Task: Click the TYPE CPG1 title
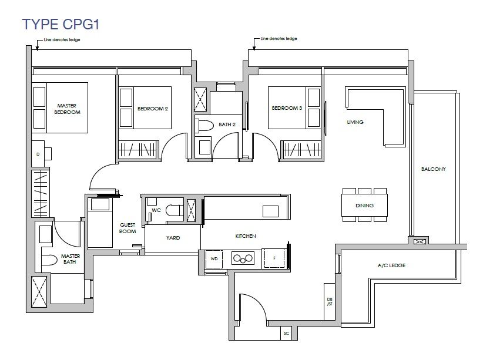pos(61,24)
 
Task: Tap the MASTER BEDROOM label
pos(67,109)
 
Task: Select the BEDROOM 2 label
pos(153,109)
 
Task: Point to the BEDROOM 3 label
pos(287,108)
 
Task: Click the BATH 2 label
pos(227,125)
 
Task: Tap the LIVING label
pos(355,122)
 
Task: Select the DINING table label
pos(364,206)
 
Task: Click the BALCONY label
pos(434,169)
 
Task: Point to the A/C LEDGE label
pos(391,265)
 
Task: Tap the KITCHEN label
pos(246,236)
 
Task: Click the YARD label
pos(173,238)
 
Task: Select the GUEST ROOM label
pos(128,228)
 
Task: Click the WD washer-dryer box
pos(214,259)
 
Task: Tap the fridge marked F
pos(274,258)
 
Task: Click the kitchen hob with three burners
pos(243,258)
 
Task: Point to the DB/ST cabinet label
pos(330,302)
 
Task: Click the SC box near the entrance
pos(286,333)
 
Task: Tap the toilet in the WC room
pos(174,211)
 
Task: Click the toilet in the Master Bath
pos(49,260)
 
